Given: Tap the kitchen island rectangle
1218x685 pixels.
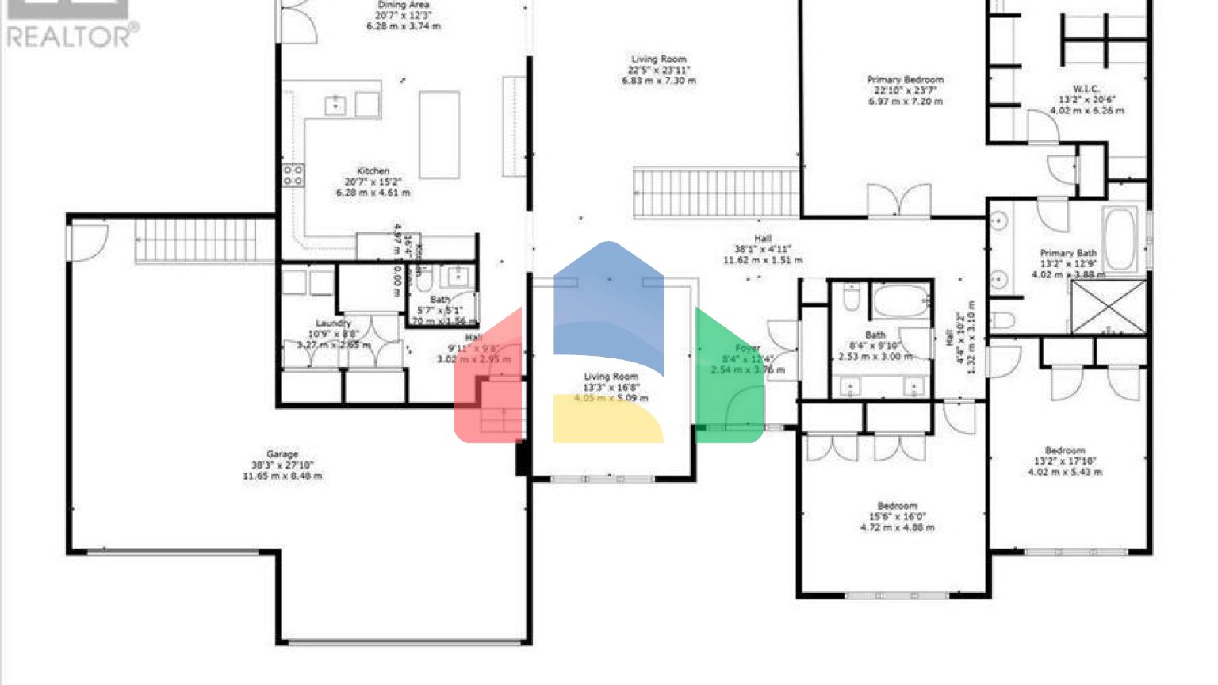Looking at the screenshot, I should (x=439, y=135).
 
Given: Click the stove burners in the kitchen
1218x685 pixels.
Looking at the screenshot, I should (x=293, y=175).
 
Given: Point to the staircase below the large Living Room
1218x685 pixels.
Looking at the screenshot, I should (x=716, y=192).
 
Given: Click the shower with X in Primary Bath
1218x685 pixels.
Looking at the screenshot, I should (x=1109, y=306).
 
